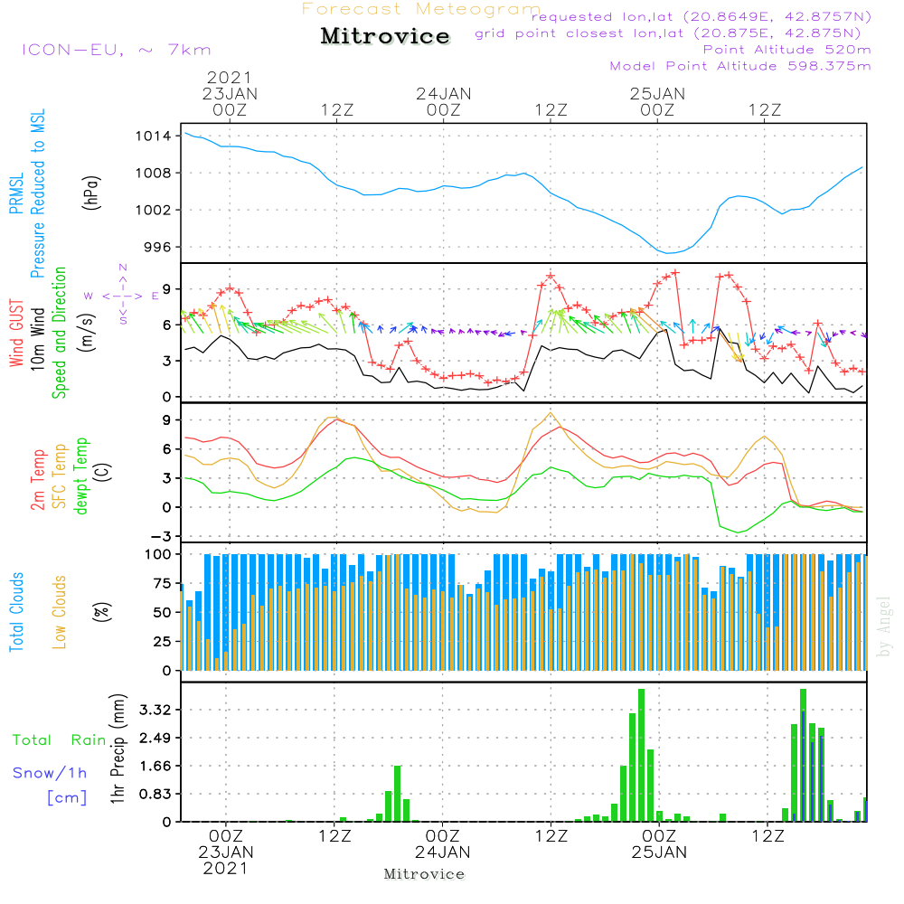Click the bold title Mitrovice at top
pyautogui.click(x=385, y=36)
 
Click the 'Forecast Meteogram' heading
pyautogui.click(x=421, y=10)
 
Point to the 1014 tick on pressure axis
pyautogui.click(x=154, y=137)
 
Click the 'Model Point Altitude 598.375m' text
pyautogui.click(x=740, y=66)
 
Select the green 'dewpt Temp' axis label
pyautogui.click(x=81, y=476)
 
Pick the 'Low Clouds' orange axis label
pyautogui.click(x=60, y=611)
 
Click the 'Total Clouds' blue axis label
pyautogui.click(x=17, y=611)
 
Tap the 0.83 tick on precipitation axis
pyautogui.click(x=154, y=794)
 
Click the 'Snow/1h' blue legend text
pyautogui.click(x=50, y=772)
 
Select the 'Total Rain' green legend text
pyautogui.click(x=60, y=739)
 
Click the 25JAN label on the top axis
pyautogui.click(x=657, y=93)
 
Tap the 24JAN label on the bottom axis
pyautogui.click(x=443, y=852)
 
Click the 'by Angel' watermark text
pyautogui.click(x=884, y=626)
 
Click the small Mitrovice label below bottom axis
pyautogui.click(x=424, y=874)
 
